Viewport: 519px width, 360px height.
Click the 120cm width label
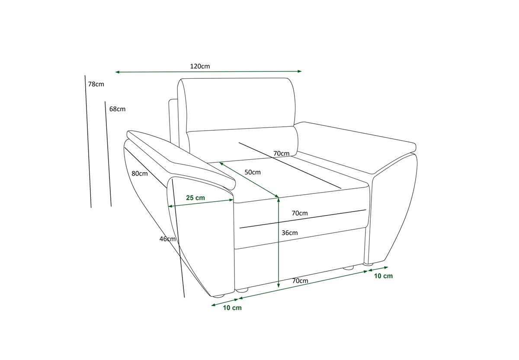point(200,66)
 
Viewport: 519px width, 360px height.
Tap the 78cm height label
point(96,84)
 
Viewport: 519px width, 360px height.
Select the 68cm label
point(117,109)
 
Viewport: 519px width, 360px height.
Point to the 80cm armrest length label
point(139,174)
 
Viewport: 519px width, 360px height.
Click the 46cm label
point(167,239)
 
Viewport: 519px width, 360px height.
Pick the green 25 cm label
point(195,198)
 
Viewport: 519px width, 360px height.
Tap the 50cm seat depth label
point(253,172)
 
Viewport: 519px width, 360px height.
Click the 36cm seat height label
point(290,233)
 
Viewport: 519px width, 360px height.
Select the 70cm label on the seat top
point(281,154)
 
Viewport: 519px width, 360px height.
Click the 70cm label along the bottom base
point(300,281)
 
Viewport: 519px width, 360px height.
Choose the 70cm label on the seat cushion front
point(300,213)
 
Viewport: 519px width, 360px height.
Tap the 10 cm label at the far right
point(384,276)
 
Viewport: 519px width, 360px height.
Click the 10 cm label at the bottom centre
point(232,308)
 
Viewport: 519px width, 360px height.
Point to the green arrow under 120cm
point(208,72)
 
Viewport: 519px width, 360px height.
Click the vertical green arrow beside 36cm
point(279,242)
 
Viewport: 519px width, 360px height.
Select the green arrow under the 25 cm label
point(201,203)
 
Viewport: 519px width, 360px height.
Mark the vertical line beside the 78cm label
point(88,141)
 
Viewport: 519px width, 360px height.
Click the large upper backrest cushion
point(236,105)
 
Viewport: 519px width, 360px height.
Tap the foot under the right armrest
point(368,264)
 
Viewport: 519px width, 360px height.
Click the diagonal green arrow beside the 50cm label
point(249,180)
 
